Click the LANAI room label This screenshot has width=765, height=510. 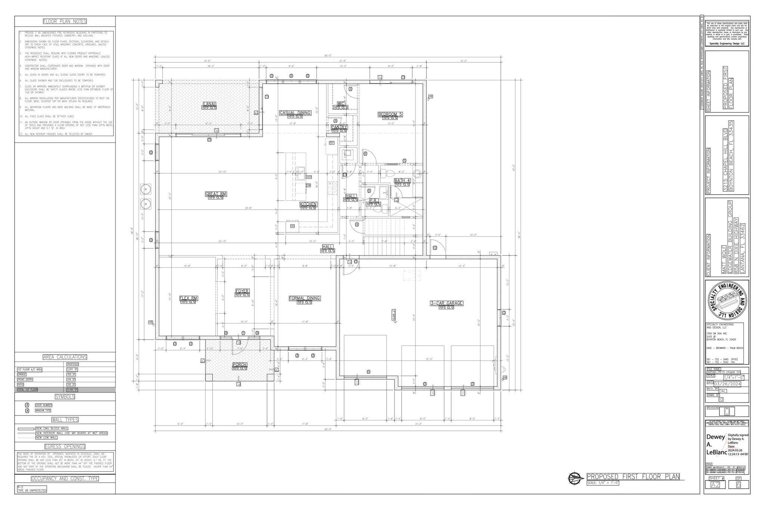click(209, 104)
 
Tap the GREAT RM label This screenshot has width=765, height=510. click(216, 194)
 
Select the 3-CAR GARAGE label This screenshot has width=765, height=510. click(446, 303)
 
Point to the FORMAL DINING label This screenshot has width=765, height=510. click(304, 298)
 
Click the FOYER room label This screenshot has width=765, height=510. click(242, 291)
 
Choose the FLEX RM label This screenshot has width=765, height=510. click(188, 298)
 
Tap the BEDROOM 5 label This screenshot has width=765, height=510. click(390, 114)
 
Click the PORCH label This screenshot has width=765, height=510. click(239, 365)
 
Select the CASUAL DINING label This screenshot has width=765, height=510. click(295, 113)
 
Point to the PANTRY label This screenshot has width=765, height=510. click(339, 127)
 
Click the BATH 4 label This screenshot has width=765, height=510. click(402, 181)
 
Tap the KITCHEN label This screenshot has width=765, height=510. click(308, 204)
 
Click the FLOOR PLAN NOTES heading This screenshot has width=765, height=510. click(65, 21)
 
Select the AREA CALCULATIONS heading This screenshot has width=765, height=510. click(65, 357)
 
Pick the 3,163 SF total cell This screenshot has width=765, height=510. click(72, 390)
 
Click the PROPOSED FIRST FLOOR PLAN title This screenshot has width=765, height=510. click(633, 476)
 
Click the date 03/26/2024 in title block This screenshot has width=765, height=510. click(727, 384)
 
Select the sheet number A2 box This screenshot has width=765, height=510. click(715, 485)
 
